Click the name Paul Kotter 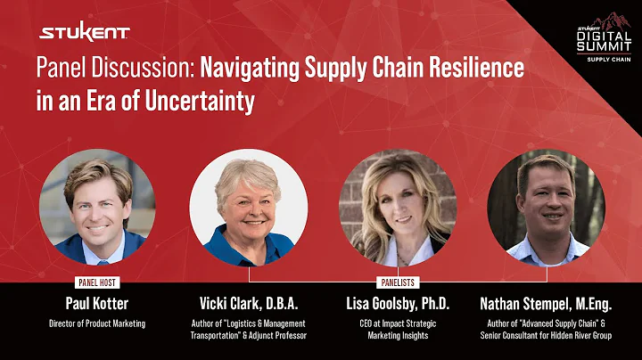[96, 303]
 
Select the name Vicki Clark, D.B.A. [249, 303]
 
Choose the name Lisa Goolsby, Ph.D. [398, 303]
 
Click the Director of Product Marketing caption [96, 323]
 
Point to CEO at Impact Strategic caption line [398, 323]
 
